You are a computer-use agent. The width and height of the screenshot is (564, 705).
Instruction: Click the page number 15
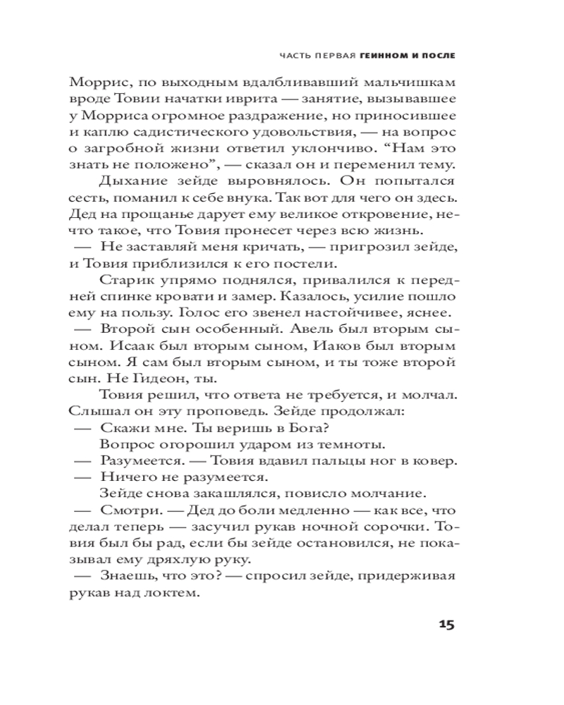[447, 625]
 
